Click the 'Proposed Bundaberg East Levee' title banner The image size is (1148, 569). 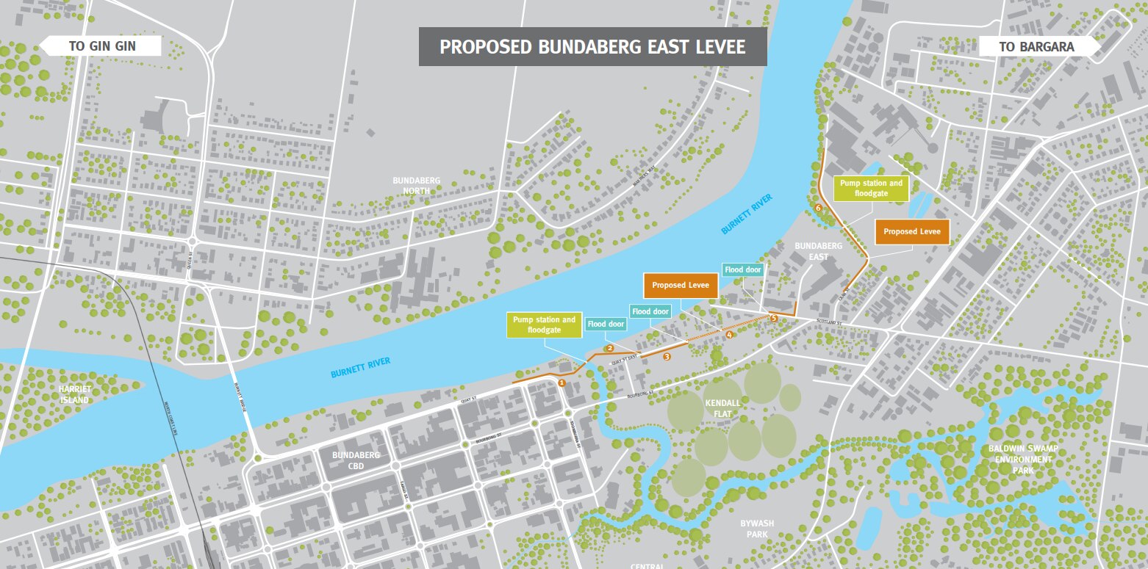592,47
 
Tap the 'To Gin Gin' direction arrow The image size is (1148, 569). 101,46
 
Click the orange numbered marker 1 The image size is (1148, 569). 562,383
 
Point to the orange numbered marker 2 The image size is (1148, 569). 609,348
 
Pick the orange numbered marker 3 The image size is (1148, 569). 667,357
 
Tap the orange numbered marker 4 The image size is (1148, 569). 729,336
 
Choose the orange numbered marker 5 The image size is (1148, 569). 773,318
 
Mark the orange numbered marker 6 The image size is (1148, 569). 818,209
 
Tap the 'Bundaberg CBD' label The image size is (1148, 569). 356,460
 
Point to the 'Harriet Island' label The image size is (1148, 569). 74,395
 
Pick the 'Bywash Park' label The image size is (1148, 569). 757,529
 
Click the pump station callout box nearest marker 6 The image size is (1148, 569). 871,189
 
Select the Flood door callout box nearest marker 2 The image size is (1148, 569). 606,324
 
